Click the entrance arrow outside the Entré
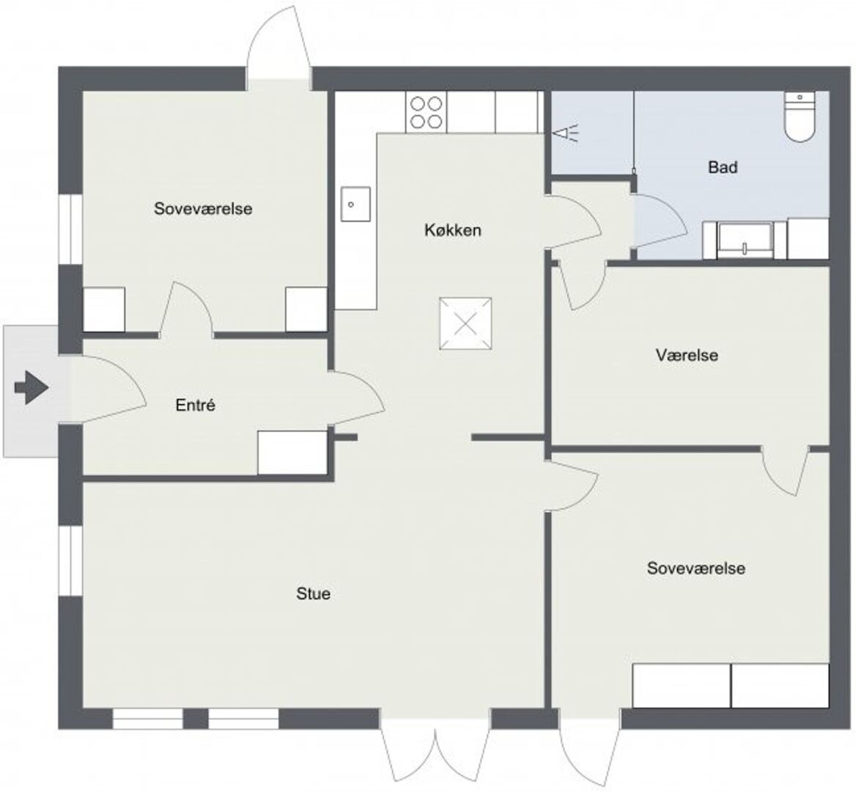[32, 387]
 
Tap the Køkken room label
[453, 230]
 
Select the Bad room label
[723, 166]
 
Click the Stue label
[313, 593]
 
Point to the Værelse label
[687, 356]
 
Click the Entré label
[196, 405]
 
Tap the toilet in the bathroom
[800, 117]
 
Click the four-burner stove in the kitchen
[427, 112]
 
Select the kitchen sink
[355, 204]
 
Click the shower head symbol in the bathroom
[565, 133]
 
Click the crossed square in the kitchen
[465, 323]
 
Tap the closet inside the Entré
[292, 452]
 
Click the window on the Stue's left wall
[70, 560]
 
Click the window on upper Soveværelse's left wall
[70, 230]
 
